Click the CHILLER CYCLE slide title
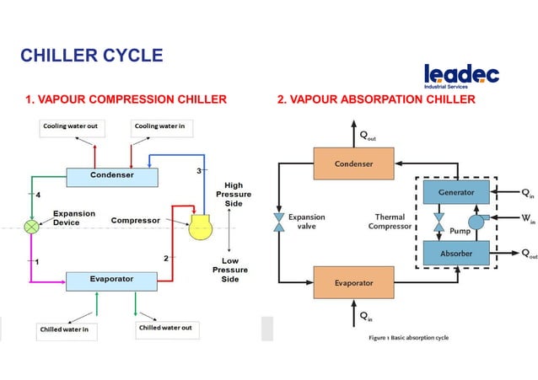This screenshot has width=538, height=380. click(91, 56)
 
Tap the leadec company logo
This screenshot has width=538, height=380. click(461, 76)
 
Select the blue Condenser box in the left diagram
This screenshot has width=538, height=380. click(112, 177)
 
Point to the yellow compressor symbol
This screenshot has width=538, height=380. click(201, 227)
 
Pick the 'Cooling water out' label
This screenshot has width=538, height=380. click(71, 126)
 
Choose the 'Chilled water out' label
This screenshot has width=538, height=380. click(165, 327)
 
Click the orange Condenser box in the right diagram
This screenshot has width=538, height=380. click(354, 163)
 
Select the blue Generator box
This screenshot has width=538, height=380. click(456, 192)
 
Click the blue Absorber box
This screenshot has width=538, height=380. click(456, 252)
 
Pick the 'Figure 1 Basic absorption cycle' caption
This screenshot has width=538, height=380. click(408, 339)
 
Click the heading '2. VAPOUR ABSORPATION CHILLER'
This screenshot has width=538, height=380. click(376, 100)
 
